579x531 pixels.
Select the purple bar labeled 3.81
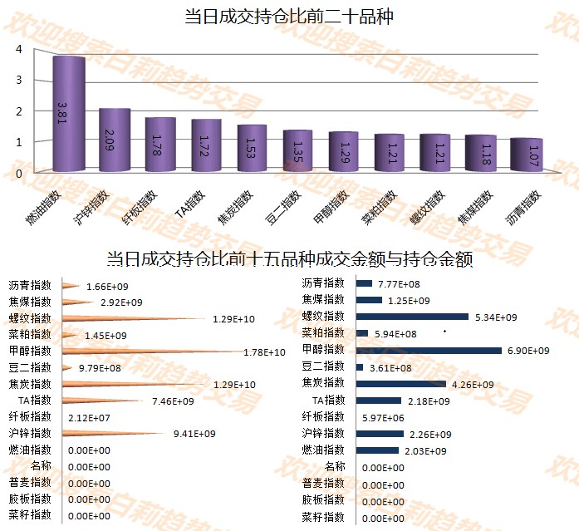coord(69,114)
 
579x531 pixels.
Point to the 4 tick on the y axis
coord(19,49)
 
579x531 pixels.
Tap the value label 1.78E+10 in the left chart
coord(264,352)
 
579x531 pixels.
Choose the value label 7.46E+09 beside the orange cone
coord(173,401)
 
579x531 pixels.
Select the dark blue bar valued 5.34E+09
coord(412,317)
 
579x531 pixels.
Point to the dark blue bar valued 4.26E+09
coord(400,384)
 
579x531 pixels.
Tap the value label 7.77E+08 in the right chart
coord(399,284)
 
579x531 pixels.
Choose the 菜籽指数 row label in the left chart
coord(30,515)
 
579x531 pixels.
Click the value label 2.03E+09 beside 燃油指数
coord(425,451)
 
